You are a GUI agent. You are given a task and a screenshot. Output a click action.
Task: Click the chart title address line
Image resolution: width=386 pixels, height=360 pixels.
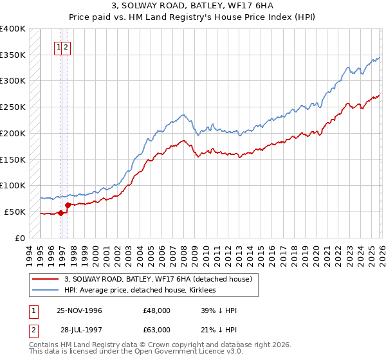[192, 6]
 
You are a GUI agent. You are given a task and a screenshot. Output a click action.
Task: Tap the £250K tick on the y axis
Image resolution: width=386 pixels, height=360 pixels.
[13, 107]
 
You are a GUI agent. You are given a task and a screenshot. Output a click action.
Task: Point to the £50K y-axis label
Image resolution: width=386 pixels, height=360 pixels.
[15, 212]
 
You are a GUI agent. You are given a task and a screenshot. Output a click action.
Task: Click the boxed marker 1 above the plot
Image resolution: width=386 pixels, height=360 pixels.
[59, 46]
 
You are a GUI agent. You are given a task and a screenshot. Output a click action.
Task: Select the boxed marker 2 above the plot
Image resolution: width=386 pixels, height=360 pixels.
[66, 46]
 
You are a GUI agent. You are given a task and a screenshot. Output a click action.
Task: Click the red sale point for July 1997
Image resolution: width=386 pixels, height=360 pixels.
[68, 205]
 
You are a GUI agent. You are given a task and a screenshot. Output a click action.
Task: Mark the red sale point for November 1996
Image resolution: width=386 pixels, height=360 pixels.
[61, 213]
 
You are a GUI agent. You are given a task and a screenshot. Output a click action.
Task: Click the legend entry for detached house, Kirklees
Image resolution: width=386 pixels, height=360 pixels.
[142, 290]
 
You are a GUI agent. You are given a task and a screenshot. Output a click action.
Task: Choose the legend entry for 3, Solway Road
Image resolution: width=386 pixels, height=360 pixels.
[161, 279]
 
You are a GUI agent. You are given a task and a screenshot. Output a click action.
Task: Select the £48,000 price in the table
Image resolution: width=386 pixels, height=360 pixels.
[156, 310]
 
